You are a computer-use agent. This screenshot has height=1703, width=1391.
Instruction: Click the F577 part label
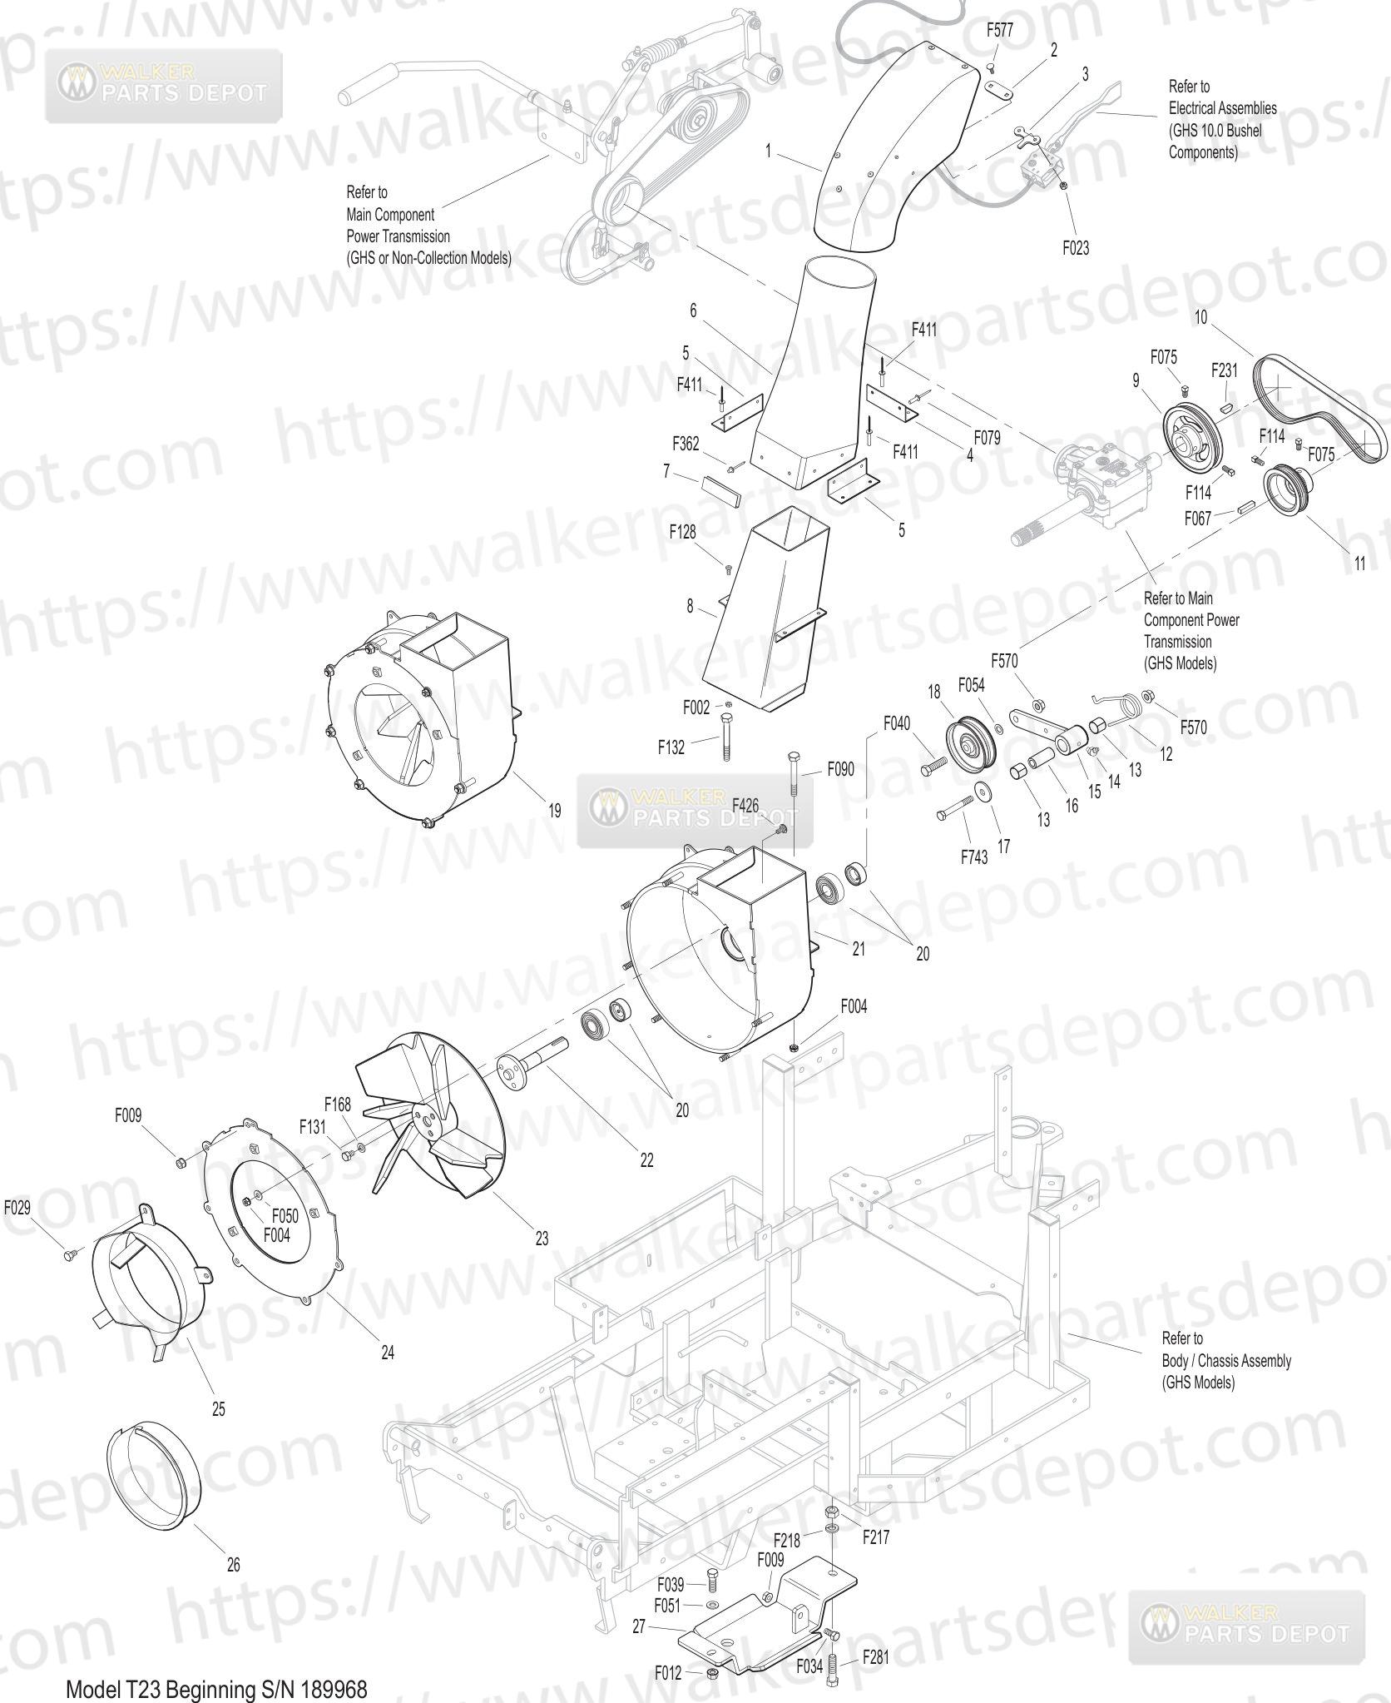[1000, 32]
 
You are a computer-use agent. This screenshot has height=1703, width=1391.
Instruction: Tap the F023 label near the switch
[1076, 248]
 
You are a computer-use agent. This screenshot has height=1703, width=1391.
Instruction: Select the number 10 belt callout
[1200, 317]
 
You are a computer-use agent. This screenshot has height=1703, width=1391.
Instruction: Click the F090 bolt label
[840, 770]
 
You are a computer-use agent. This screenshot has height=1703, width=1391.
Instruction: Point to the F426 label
[745, 804]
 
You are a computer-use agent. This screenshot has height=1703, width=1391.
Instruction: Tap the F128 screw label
[683, 531]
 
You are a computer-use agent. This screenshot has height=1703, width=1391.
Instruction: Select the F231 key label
[1225, 370]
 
